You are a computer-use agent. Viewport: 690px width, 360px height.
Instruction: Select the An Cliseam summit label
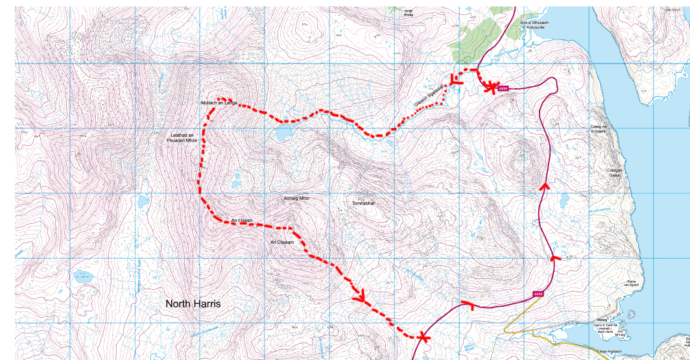click(x=282, y=243)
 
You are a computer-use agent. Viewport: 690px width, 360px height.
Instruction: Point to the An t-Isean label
click(x=241, y=222)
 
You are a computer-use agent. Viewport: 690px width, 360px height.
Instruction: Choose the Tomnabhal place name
click(x=364, y=203)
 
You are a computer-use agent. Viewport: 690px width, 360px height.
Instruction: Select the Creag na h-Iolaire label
click(x=598, y=128)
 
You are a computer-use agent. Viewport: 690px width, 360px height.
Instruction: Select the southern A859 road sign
click(x=538, y=294)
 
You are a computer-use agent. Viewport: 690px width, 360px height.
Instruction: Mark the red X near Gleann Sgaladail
click(x=492, y=87)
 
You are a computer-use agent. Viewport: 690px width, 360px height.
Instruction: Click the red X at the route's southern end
click(x=423, y=337)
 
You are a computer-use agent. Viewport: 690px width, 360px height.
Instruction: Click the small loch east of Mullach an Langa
click(x=283, y=134)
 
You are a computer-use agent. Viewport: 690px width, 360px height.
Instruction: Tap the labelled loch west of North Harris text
click(x=82, y=277)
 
